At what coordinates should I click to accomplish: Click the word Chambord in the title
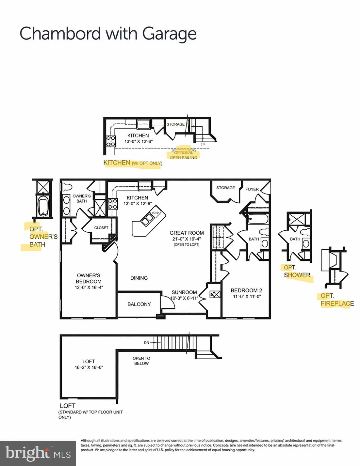(x=60, y=34)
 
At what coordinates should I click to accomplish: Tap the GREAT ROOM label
(x=187, y=233)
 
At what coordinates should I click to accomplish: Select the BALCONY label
(x=139, y=304)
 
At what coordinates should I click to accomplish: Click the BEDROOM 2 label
(x=246, y=290)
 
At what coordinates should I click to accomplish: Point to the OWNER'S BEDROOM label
(x=89, y=278)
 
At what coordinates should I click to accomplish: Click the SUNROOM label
(x=184, y=292)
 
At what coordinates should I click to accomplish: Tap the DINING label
(x=139, y=278)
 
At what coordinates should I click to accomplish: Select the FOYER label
(x=252, y=189)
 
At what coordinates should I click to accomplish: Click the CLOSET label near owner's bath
(x=101, y=228)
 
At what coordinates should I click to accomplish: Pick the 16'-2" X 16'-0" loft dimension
(x=89, y=367)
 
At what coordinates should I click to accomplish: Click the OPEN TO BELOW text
(x=141, y=361)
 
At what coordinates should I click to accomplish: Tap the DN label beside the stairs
(x=146, y=343)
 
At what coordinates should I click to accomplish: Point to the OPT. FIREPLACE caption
(x=337, y=300)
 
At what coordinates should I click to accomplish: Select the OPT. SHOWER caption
(x=297, y=271)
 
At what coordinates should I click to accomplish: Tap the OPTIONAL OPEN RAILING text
(x=183, y=155)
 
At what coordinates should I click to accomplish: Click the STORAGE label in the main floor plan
(x=225, y=188)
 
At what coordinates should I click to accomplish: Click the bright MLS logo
(x=38, y=453)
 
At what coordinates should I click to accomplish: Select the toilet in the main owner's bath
(x=67, y=187)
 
